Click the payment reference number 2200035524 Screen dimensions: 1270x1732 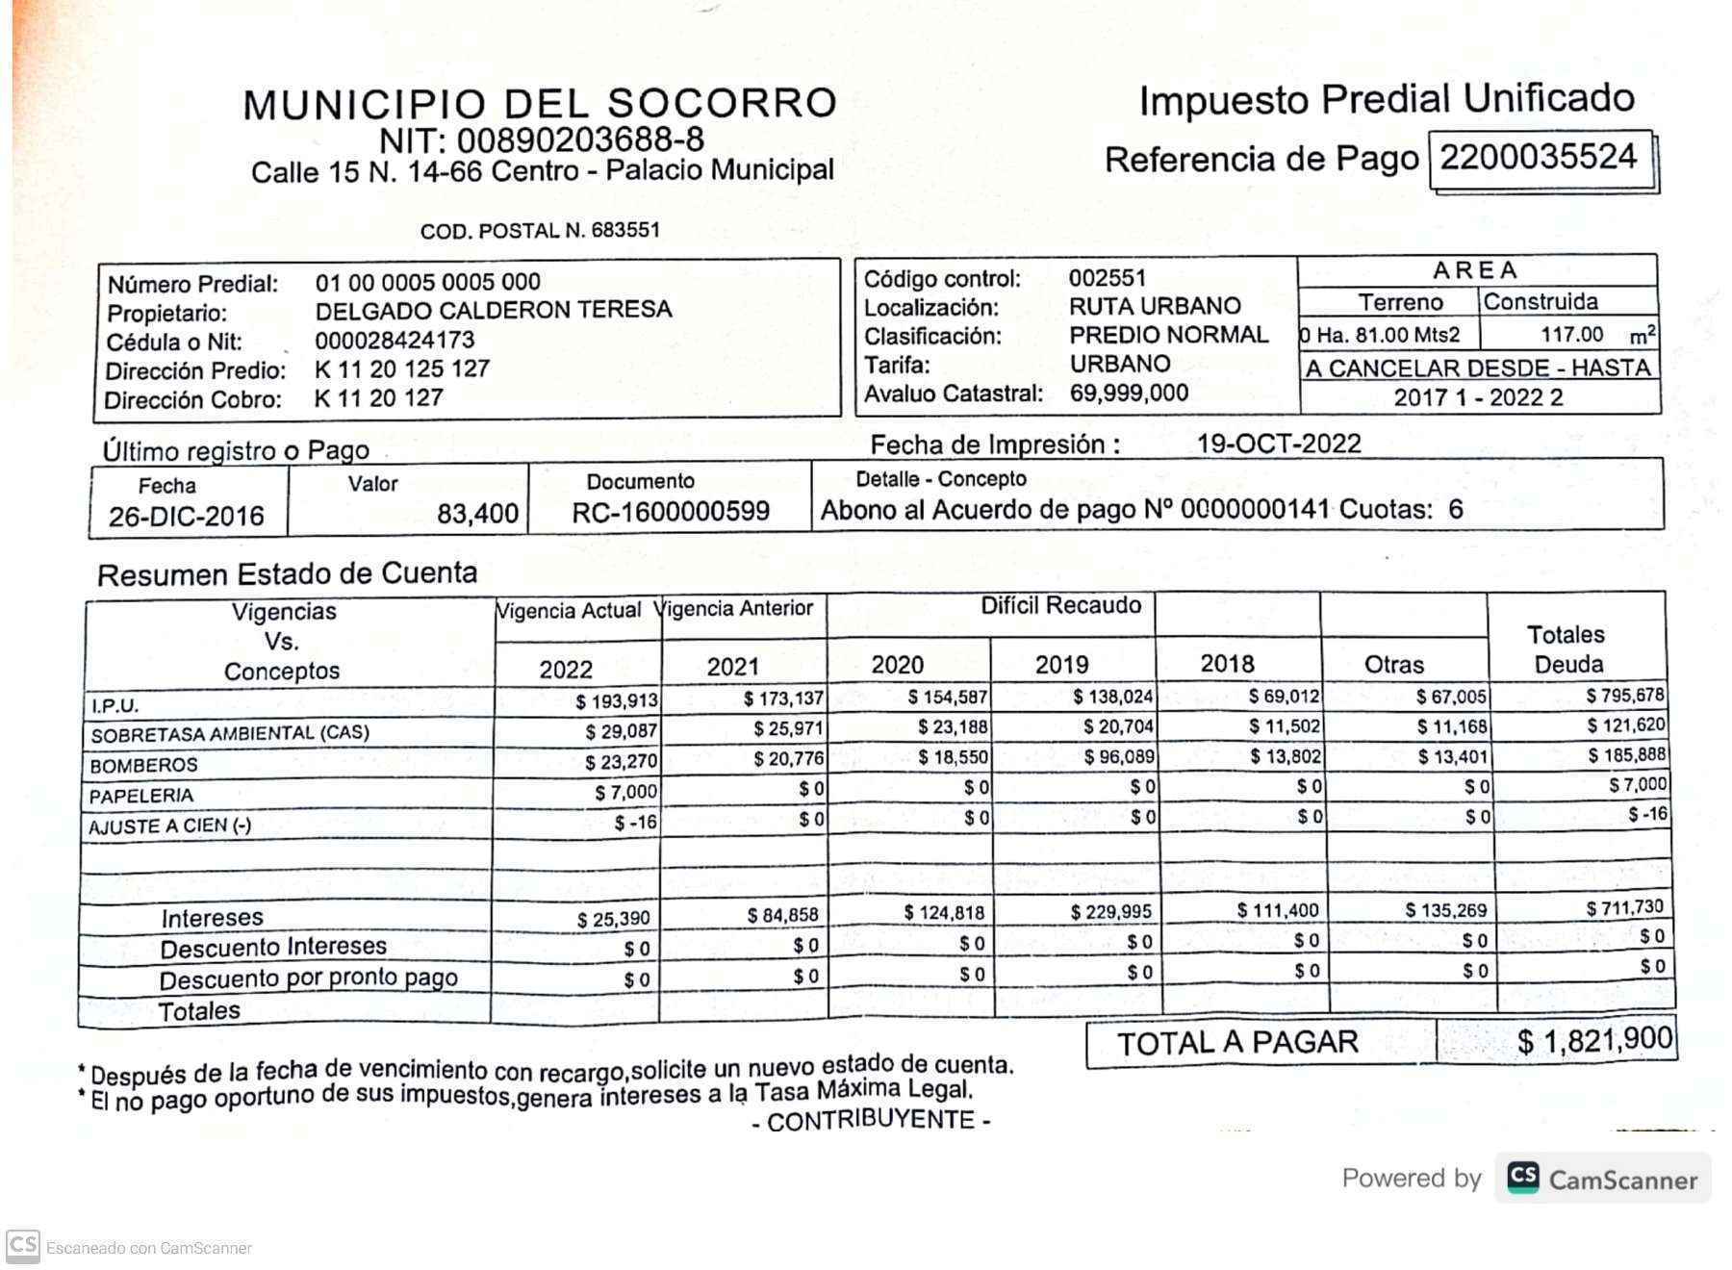(x=1538, y=157)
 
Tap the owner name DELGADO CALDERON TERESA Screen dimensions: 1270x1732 (x=493, y=310)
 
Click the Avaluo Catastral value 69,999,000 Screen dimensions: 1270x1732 (x=1129, y=393)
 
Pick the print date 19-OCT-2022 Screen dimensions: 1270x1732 (x=1279, y=444)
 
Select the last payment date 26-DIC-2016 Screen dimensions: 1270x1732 (x=187, y=517)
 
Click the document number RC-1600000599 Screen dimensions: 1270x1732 (x=671, y=512)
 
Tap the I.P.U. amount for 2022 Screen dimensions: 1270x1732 (x=617, y=701)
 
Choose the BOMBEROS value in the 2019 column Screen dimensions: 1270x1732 (x=1118, y=757)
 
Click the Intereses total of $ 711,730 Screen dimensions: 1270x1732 (x=1625, y=907)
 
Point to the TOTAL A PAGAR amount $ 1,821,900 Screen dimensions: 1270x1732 (x=1594, y=1040)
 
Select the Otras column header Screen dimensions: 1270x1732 (x=1393, y=665)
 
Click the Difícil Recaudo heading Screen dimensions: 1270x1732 (x=1060, y=605)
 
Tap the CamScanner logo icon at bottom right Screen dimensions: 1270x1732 (x=1523, y=1178)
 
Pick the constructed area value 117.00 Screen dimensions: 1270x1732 (x=1571, y=335)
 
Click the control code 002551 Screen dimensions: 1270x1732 (x=1107, y=278)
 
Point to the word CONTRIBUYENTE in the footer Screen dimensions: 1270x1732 (x=871, y=1121)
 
